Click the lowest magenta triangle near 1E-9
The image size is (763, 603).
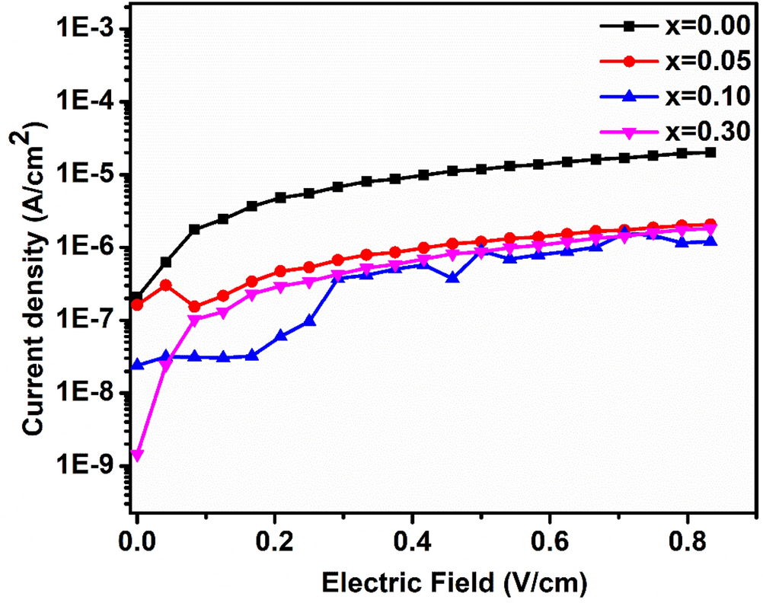click(137, 455)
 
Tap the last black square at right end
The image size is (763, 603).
click(710, 152)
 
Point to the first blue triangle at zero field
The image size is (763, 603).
click(137, 365)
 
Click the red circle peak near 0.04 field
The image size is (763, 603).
click(166, 285)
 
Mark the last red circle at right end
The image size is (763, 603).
click(710, 224)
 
